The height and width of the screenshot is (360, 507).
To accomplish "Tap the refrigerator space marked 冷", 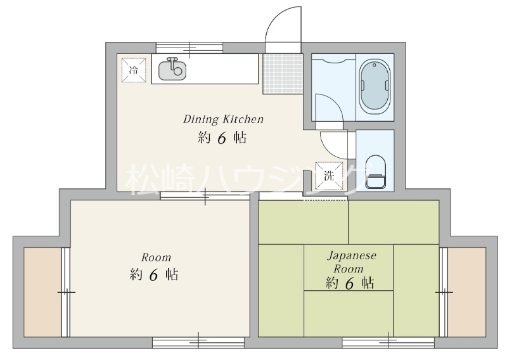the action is (x=134, y=70).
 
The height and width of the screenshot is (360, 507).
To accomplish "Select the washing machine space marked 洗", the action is (x=329, y=176).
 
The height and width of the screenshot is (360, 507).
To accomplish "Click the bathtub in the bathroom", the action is (x=375, y=87).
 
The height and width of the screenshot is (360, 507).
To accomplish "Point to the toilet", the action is (x=376, y=172).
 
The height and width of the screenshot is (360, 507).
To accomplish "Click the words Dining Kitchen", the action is (x=224, y=119).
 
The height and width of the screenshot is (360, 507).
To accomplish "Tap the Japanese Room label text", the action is (x=352, y=262).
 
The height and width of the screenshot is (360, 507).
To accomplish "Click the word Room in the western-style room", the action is (x=156, y=257).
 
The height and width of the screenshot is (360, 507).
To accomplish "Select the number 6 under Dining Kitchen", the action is (x=222, y=138).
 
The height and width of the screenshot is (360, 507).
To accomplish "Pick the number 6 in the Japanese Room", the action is (x=350, y=284).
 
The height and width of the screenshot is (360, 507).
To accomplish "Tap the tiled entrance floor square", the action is (x=283, y=74).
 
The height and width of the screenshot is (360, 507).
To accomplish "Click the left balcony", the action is (x=42, y=292).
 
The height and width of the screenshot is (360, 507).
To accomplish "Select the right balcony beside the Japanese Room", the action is (x=467, y=292).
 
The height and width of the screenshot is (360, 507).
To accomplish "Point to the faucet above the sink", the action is (x=172, y=61).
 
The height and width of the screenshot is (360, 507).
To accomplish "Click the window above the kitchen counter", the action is (x=189, y=48).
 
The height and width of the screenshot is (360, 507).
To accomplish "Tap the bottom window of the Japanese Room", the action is (x=388, y=342).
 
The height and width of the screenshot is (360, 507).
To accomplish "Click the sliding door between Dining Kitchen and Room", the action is (x=205, y=196).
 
